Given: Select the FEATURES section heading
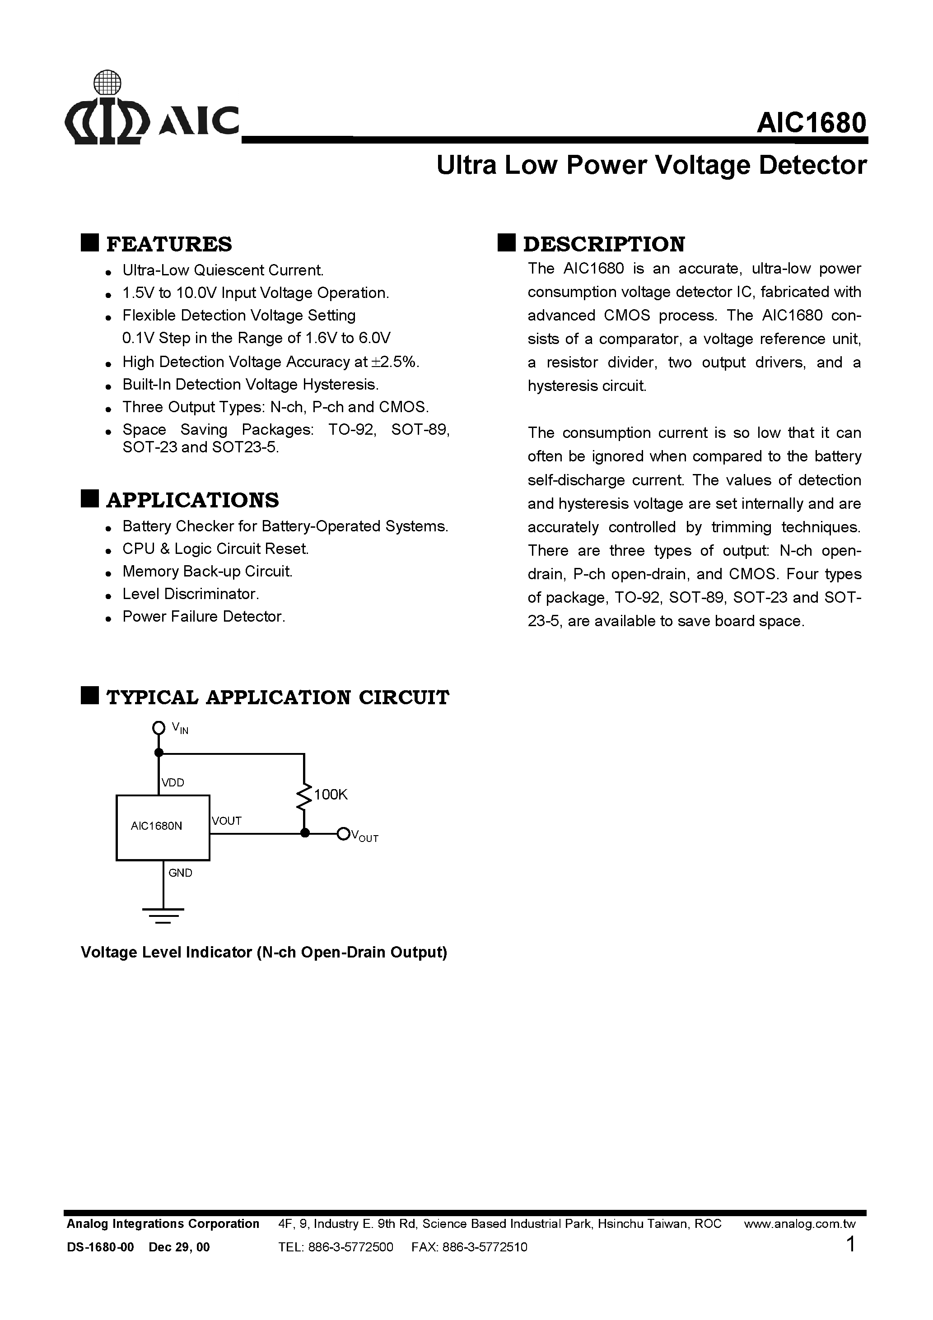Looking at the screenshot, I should click(169, 244).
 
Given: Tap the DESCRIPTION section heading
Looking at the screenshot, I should click(603, 244).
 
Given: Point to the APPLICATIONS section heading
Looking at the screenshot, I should click(192, 500).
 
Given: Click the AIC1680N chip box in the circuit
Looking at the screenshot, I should click(163, 827).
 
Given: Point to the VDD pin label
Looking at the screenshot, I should click(173, 782).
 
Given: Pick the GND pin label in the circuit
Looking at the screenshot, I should click(180, 873).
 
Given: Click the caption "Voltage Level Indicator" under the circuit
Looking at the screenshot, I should click(263, 953).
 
